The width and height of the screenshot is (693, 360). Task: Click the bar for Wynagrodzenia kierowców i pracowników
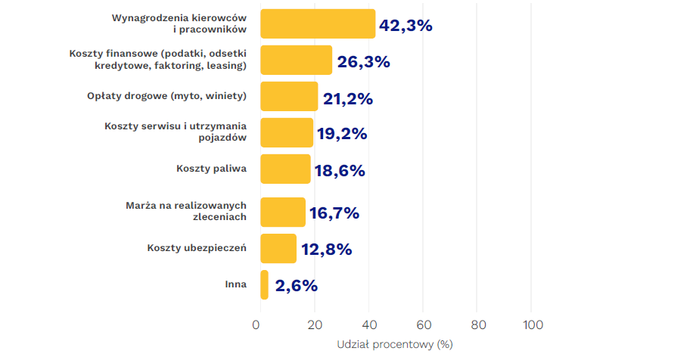tap(318, 23)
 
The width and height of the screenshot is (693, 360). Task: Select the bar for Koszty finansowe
tap(296, 61)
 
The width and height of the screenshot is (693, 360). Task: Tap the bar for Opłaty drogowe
tap(289, 97)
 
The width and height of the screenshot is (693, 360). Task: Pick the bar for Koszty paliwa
tap(285, 169)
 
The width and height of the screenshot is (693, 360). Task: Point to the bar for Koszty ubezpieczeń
tap(278, 248)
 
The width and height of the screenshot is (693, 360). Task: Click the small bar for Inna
tap(264, 284)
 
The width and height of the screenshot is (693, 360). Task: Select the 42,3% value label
tap(406, 25)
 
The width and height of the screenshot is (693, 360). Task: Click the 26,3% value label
tap(363, 62)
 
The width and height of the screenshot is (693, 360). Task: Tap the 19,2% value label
tap(342, 134)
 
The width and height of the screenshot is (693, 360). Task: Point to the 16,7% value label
tap(334, 213)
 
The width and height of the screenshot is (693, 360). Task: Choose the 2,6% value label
tap(296, 285)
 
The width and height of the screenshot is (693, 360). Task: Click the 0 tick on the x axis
tap(256, 325)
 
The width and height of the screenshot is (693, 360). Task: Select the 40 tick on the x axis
tap(368, 325)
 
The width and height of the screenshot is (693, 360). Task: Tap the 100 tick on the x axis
tap(533, 325)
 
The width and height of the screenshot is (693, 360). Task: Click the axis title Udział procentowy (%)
tap(394, 344)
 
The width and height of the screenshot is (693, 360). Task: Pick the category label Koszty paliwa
tap(211, 169)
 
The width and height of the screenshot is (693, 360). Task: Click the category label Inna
tap(235, 284)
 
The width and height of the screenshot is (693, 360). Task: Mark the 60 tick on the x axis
tap(423, 325)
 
